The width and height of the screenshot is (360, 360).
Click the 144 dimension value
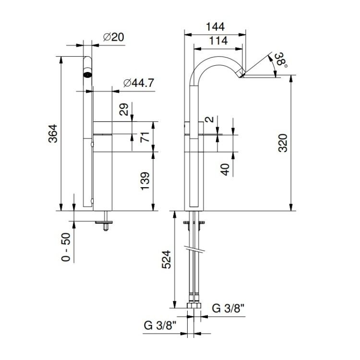point(215,26)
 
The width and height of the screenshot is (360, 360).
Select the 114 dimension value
point(218,41)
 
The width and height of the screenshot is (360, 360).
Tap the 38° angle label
point(281,60)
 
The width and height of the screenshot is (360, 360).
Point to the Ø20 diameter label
point(114,37)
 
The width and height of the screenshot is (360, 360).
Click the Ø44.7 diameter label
point(138,83)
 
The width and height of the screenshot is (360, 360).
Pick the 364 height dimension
point(53,133)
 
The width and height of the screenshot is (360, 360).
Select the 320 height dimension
point(283,143)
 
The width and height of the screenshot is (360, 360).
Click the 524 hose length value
point(167,259)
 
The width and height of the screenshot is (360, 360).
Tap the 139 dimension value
point(145,181)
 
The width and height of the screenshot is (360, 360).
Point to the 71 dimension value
point(145,137)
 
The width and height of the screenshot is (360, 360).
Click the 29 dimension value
point(124,109)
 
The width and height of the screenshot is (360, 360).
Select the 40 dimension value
point(225,169)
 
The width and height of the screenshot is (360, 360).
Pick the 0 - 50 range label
point(66,247)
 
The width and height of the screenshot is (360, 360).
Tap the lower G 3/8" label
point(160,325)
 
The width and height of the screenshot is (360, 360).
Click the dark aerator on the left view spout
point(87,74)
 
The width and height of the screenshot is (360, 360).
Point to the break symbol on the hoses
point(194,249)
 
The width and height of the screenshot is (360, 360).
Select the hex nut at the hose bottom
point(194,306)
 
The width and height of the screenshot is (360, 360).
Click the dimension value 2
point(209,120)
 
